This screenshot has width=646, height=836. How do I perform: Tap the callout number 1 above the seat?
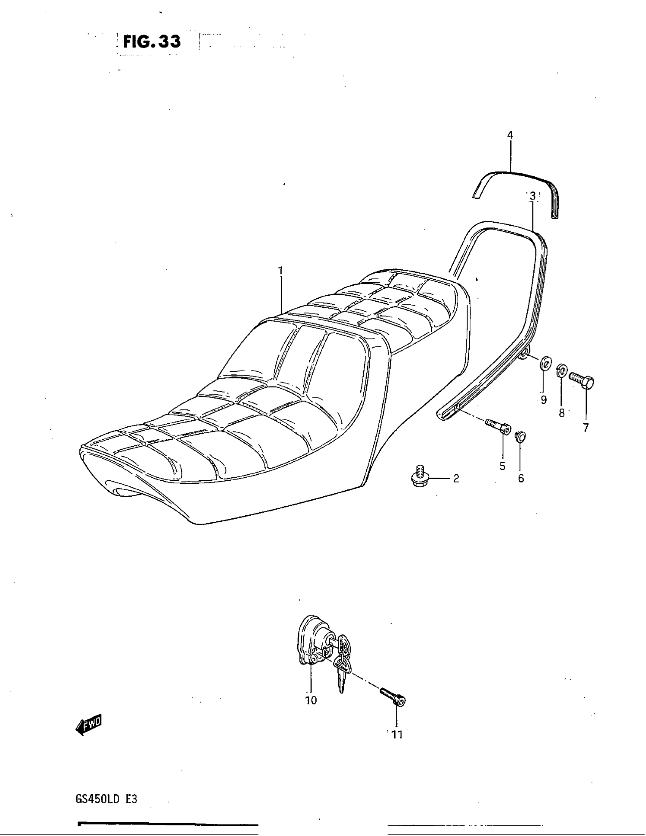tap(280, 271)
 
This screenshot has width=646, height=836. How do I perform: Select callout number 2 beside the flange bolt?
tap(456, 478)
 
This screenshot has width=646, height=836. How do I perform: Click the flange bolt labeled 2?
tap(418, 477)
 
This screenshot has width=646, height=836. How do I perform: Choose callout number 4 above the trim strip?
tap(510, 135)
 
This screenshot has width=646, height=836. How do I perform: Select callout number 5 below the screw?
tap(502, 466)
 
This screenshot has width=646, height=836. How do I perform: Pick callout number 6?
tap(521, 478)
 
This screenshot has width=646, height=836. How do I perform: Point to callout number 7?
tap(586, 427)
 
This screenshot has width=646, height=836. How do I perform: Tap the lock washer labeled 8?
tap(561, 370)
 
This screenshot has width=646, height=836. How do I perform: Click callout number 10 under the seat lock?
tap(311, 700)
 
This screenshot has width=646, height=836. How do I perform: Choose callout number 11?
tap(397, 735)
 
